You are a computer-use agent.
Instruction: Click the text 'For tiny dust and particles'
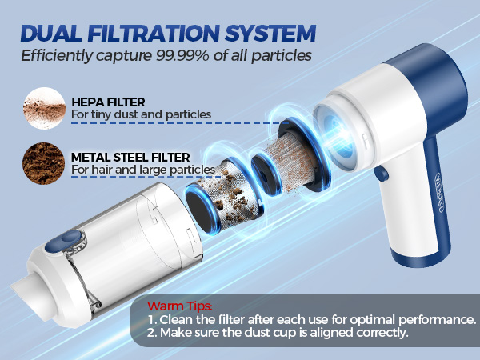[141, 114]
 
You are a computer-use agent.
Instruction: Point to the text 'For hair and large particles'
[142, 170]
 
